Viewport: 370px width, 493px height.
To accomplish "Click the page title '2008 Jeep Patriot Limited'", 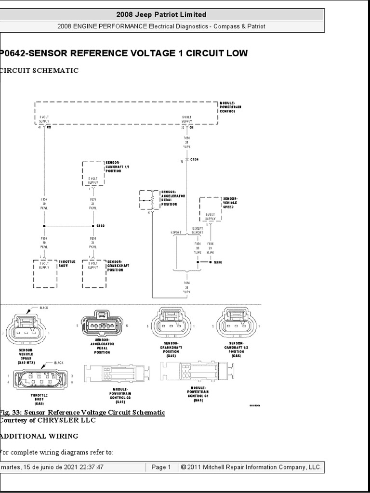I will click(x=161, y=14).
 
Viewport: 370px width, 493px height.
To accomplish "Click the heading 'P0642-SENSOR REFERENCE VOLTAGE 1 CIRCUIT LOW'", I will click(x=124, y=53).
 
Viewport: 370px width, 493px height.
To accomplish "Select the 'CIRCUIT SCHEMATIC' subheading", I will click(x=40, y=71).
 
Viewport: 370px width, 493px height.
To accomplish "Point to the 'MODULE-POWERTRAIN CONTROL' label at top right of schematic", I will click(x=227, y=107).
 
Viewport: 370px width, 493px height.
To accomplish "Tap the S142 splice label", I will click(x=100, y=225).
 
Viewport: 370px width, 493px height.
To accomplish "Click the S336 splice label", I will click(x=219, y=263).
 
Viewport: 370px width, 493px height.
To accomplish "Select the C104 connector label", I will click(x=195, y=158).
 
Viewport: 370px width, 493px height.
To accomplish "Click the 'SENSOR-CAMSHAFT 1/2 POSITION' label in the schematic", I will click(x=114, y=167).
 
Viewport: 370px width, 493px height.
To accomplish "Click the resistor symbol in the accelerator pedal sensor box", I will click(x=152, y=198).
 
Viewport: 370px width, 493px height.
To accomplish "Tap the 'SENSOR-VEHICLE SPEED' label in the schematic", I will click(x=230, y=203).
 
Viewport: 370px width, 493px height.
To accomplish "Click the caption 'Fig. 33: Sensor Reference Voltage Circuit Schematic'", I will click(x=82, y=413).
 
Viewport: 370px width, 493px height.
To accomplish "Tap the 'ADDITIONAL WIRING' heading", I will click(x=40, y=436).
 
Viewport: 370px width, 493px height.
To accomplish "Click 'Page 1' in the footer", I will click(x=161, y=467).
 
